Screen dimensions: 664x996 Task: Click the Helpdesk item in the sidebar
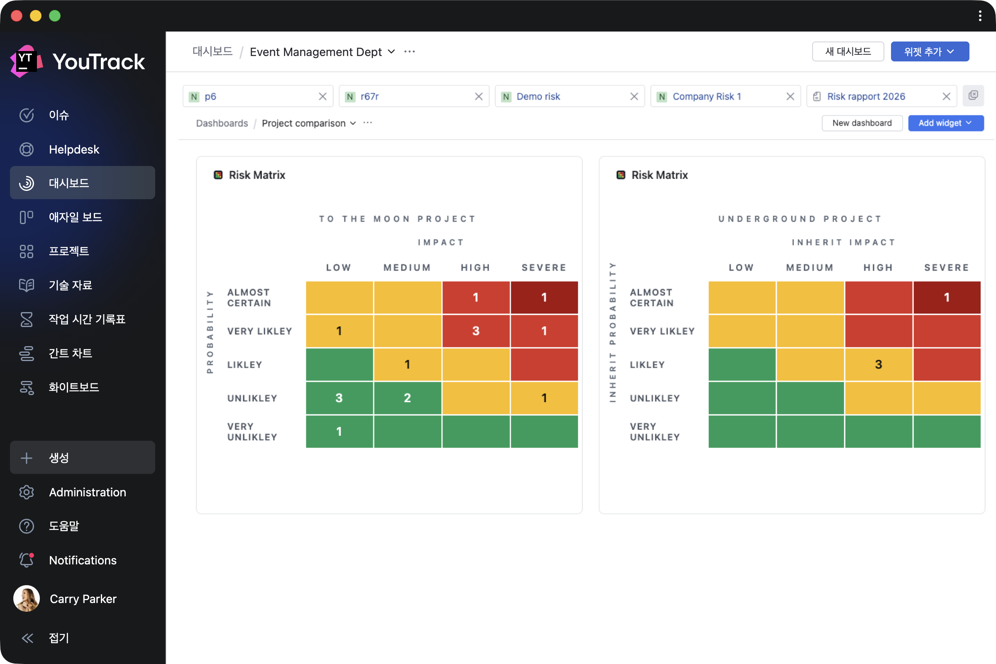click(x=74, y=149)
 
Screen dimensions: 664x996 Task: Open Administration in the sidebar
click(x=87, y=492)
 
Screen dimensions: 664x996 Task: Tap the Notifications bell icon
click(x=27, y=560)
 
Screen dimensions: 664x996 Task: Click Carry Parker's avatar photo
click(x=27, y=598)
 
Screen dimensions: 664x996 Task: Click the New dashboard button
click(x=862, y=123)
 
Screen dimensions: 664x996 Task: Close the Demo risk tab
click(x=634, y=97)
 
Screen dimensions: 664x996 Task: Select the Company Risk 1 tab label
click(x=706, y=97)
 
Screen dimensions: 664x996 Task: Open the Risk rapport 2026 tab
click(x=866, y=97)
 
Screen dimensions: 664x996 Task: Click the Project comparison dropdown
click(x=309, y=123)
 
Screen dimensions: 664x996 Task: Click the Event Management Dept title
click(x=316, y=51)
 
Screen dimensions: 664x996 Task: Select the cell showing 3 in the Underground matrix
click(x=878, y=365)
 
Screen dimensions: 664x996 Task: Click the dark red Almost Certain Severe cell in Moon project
click(x=544, y=298)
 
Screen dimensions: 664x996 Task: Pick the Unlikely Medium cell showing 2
click(x=408, y=398)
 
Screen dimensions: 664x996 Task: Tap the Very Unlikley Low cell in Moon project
click(x=339, y=432)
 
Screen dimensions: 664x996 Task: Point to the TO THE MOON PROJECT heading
click(x=397, y=219)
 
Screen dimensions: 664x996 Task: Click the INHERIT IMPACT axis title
click(x=844, y=242)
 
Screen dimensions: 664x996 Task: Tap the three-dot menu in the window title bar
click(x=980, y=16)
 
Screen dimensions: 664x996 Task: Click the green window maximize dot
click(x=55, y=16)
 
